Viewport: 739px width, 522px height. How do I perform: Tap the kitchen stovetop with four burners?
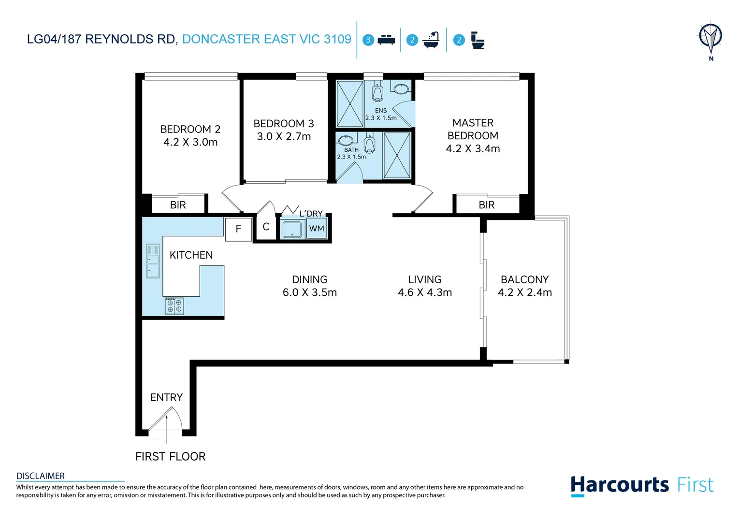tap(174, 306)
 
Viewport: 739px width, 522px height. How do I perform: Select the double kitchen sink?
tap(153, 261)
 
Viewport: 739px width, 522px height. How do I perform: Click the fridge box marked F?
tap(238, 229)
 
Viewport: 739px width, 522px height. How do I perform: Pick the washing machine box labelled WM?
tap(317, 229)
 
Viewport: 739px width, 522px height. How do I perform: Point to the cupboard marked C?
tap(266, 227)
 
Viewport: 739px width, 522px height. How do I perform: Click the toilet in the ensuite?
tap(377, 92)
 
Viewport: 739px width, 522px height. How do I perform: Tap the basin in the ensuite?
tap(401, 89)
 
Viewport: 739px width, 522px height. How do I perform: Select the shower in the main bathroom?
tap(397, 156)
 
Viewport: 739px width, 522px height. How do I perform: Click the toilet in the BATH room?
tap(370, 144)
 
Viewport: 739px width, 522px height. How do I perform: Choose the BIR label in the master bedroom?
tap(487, 205)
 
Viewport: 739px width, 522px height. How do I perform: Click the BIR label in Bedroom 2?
tap(178, 205)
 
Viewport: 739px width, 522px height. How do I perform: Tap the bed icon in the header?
tap(386, 40)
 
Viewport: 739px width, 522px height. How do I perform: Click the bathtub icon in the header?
tap(431, 40)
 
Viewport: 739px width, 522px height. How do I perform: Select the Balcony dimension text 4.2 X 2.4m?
tap(525, 292)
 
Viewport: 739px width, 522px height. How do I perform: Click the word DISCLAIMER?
tap(41, 476)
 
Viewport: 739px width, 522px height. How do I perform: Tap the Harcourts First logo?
tap(642, 485)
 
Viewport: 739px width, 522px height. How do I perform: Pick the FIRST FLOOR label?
tap(171, 456)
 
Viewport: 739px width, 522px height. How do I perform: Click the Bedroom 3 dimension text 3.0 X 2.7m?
tap(284, 137)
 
